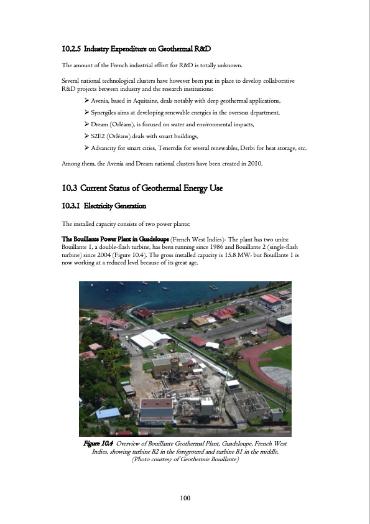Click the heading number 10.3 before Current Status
(x=72, y=188)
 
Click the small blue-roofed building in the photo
(x=108, y=413)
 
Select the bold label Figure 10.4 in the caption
(x=99, y=443)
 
